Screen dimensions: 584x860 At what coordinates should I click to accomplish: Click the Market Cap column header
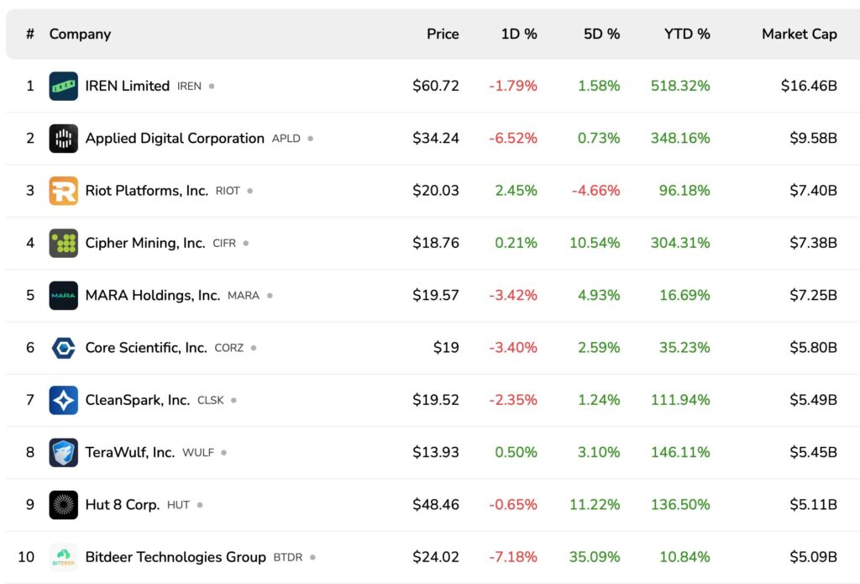pos(799,34)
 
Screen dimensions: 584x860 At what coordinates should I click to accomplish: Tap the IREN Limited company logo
pos(64,86)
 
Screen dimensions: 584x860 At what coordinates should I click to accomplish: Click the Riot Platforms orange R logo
pos(64,191)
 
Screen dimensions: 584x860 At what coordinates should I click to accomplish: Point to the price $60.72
pos(435,86)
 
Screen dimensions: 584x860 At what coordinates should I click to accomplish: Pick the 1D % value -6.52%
pos(512,139)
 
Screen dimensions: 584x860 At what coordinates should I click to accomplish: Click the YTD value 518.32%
pos(679,86)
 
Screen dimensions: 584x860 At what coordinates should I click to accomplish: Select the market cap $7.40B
pos(812,191)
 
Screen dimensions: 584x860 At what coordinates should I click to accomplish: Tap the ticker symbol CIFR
pos(224,244)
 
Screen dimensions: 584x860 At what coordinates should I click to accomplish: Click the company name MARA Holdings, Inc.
pos(152,296)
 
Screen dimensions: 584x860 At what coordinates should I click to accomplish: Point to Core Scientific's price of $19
pos(447,348)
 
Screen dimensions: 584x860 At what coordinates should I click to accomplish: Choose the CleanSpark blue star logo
pos(64,400)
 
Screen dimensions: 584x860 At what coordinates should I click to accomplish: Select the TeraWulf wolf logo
pos(64,453)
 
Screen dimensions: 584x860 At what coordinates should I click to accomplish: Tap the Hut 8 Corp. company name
pos(122,505)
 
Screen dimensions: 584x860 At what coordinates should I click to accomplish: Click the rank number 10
pos(27,557)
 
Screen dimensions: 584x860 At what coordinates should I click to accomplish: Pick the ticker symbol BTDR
pos(287,558)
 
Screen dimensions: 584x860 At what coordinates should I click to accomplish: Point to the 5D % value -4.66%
pos(595,191)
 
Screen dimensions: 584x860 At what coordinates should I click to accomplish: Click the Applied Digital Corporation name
pos(175,139)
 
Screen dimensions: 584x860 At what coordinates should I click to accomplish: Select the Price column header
pos(443,34)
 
